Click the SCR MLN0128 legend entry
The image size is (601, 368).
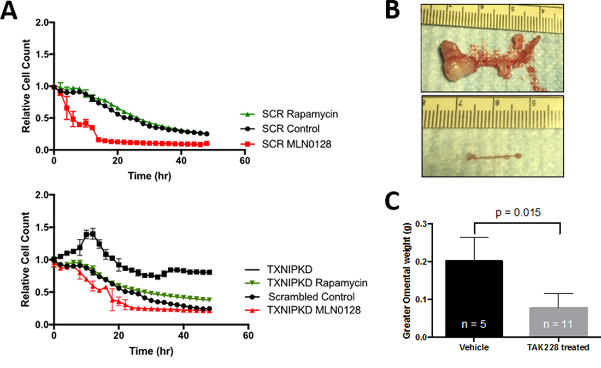point(281,144)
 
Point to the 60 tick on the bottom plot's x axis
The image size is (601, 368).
point(248,335)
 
